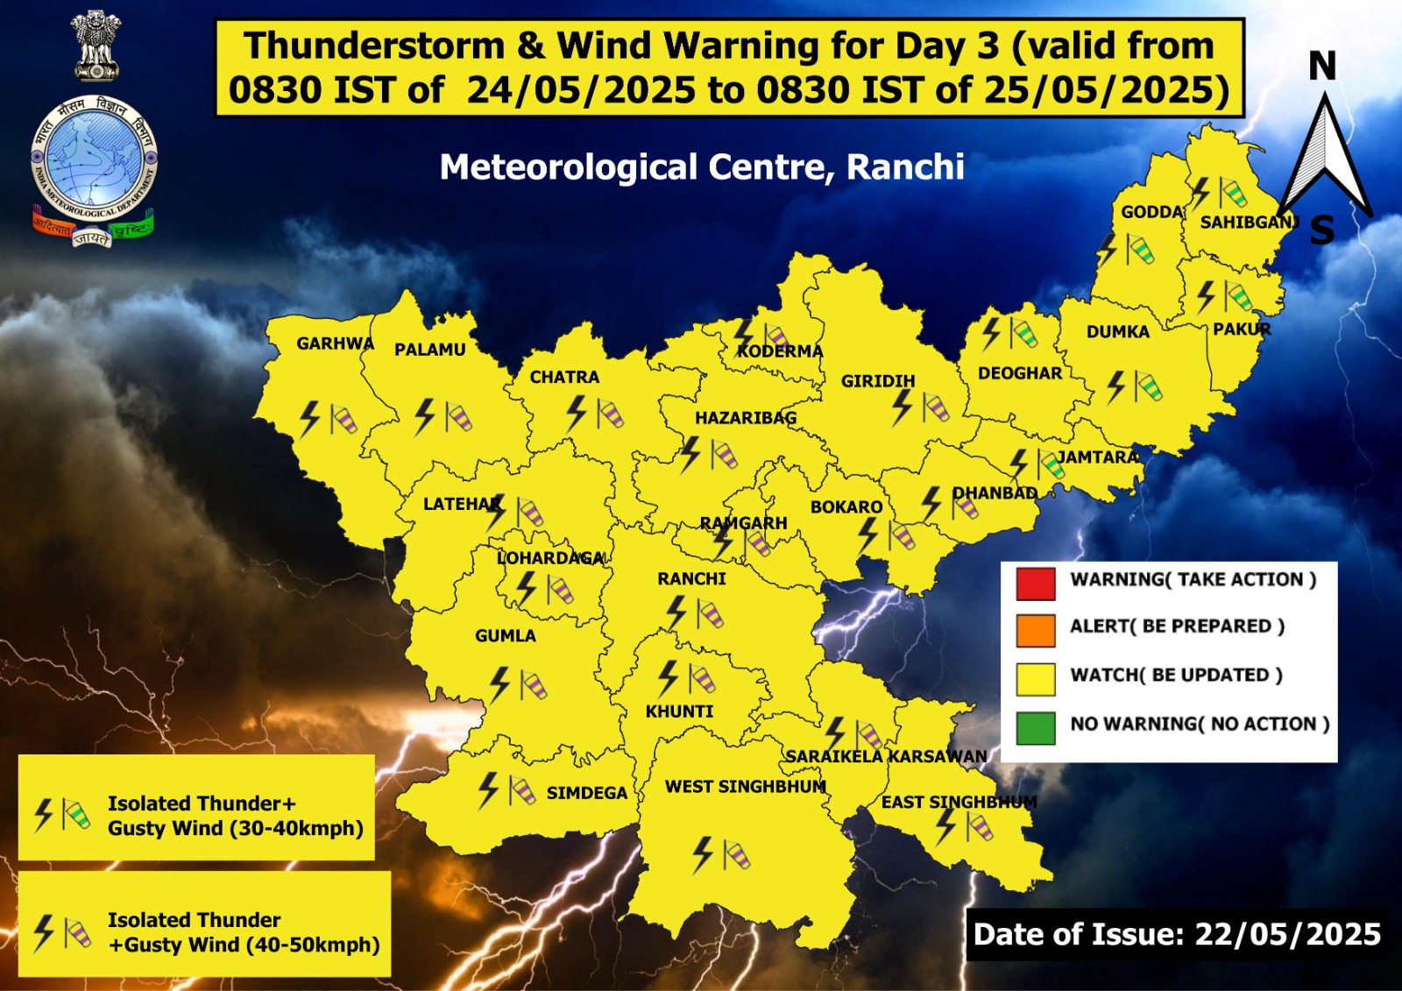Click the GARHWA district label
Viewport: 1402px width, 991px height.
[335, 343]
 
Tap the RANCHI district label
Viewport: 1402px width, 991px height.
[691, 579]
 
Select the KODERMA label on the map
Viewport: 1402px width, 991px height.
[779, 351]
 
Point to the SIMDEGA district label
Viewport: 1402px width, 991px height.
[586, 793]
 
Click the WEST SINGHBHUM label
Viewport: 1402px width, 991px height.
[745, 787]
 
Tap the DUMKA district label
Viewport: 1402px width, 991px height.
[1117, 332]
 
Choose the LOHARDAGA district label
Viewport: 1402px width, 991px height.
[550, 558]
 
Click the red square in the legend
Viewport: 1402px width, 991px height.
[1035, 584]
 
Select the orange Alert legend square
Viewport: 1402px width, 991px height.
[1035, 631]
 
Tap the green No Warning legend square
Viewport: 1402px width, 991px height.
[1035, 728]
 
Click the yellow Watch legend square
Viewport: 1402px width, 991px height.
[1035, 679]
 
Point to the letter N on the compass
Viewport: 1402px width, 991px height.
[1322, 67]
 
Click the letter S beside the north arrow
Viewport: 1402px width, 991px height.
[1322, 230]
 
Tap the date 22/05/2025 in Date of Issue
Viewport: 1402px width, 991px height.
[1287, 934]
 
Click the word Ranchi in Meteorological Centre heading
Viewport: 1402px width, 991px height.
[905, 166]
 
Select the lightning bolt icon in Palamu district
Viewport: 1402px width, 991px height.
[424, 416]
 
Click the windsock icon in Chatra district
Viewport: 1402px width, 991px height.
[610, 414]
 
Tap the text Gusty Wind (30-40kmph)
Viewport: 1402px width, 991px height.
[235, 829]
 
